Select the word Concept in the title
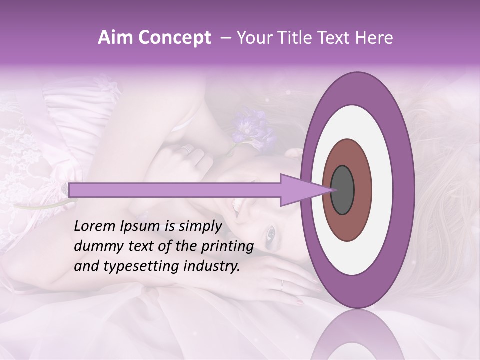coord(175,38)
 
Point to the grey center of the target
coord(343,190)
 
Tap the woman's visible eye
coord(270,232)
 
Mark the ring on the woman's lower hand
coord(282,285)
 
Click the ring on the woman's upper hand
coord(187,148)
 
